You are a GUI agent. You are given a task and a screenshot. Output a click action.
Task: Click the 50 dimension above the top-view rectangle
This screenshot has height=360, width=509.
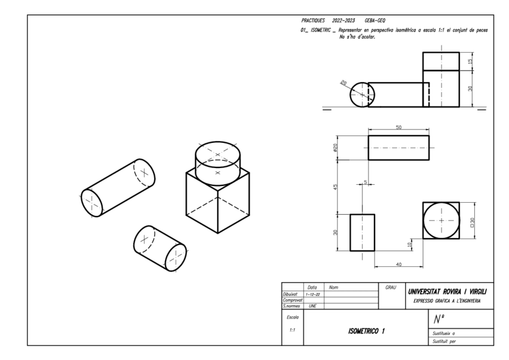click(x=399, y=127)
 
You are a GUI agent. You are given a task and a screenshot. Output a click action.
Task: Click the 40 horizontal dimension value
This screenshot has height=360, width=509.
click(x=399, y=265)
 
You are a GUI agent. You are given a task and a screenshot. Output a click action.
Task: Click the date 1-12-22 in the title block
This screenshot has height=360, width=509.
click(x=313, y=295)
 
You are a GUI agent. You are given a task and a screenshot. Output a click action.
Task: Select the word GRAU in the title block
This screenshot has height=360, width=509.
click(x=391, y=289)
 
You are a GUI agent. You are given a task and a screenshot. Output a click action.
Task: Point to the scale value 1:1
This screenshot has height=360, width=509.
click(x=292, y=331)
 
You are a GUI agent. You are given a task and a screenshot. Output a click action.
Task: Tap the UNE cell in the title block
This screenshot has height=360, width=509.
click(x=312, y=306)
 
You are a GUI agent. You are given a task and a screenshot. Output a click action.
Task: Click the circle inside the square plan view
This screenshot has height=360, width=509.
click(x=441, y=220)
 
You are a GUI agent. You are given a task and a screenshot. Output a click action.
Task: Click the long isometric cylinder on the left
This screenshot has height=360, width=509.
click(x=118, y=187)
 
